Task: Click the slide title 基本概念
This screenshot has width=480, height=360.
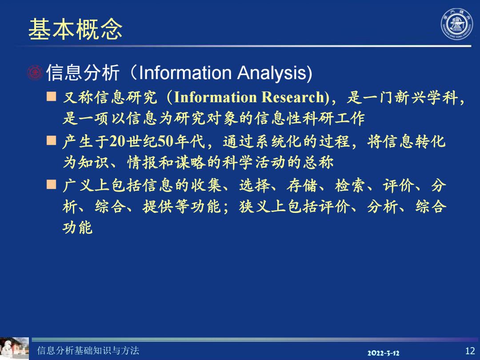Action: click(75, 29)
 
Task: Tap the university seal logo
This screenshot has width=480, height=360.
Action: click(457, 24)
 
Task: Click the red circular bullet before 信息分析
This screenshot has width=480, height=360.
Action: click(35, 73)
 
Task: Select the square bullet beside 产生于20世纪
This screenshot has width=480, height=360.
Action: click(52, 140)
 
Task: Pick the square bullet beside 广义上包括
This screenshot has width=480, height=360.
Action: click(52, 184)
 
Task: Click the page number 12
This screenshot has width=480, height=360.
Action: click(470, 351)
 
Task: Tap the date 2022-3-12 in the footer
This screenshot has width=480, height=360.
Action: click(383, 353)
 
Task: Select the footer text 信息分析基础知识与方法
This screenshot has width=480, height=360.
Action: click(88, 351)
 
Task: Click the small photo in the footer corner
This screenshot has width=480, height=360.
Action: click(14, 348)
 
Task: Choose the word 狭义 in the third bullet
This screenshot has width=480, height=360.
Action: click(255, 207)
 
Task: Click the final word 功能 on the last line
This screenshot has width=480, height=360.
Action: click(78, 228)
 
